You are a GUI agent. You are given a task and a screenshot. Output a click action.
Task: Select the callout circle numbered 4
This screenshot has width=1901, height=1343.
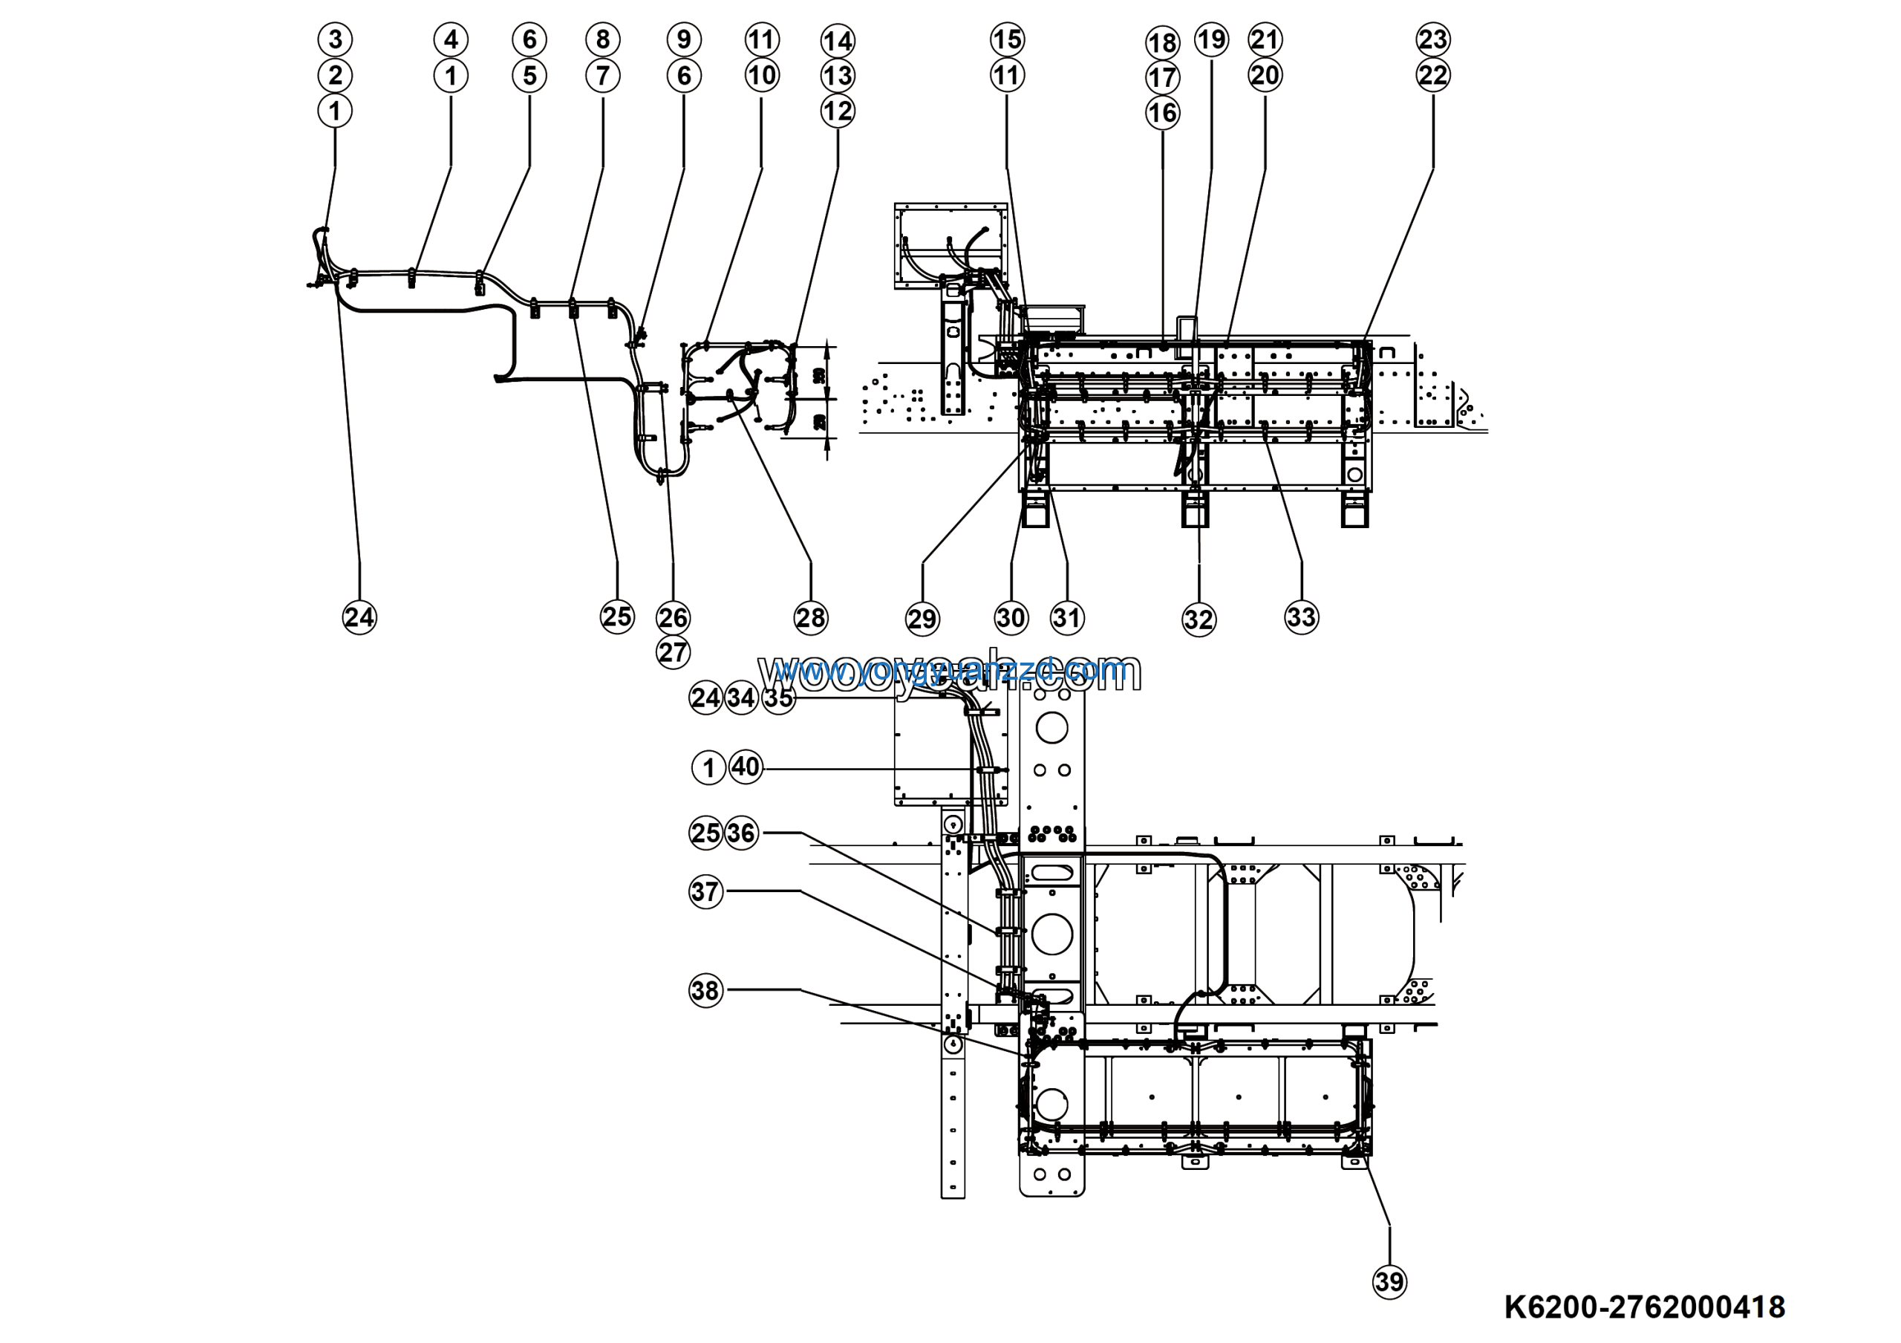451,39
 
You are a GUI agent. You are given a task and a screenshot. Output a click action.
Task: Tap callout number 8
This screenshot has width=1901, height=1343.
602,39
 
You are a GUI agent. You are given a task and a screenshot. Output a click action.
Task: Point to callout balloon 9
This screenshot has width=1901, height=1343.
684,39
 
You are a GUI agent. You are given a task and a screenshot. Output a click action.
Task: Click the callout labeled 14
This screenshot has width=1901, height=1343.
837,41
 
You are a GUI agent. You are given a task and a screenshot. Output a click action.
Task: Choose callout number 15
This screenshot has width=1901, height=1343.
1007,39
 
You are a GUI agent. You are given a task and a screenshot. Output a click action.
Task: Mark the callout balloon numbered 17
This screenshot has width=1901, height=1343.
1162,77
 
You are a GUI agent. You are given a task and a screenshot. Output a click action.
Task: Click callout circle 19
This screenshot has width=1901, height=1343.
1211,39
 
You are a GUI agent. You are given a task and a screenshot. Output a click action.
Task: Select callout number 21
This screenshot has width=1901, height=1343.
1265,39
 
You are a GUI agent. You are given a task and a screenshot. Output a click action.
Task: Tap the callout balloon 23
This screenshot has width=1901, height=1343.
1432,39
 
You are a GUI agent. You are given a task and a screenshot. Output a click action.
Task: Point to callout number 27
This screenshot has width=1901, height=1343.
672,652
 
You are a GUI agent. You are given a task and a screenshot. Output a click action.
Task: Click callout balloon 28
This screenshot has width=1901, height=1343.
811,618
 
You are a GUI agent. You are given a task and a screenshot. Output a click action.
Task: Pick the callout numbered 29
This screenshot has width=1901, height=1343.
922,619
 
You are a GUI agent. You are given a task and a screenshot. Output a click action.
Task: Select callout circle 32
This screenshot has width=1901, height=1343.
1198,620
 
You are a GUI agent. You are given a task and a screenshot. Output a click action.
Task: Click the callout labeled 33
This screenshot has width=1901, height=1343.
1301,617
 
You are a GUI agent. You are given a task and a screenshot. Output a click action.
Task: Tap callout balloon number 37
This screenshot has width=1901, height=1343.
705,892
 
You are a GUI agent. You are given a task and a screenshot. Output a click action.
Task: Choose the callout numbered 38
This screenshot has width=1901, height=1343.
705,990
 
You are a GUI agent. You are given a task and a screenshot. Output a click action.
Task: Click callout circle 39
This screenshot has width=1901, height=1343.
1389,1282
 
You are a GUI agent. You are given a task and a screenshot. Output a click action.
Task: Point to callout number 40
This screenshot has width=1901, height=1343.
745,767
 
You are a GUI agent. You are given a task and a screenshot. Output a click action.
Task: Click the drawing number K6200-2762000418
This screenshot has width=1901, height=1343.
1644,1307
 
